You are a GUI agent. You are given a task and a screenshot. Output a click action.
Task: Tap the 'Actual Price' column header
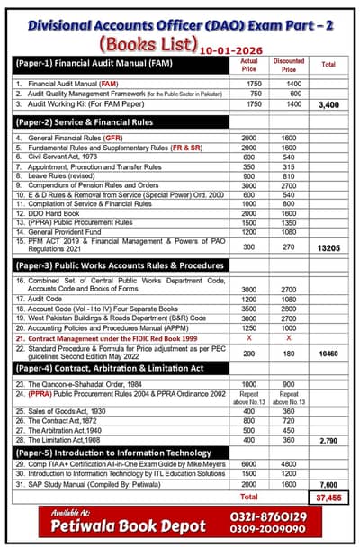pos(250,65)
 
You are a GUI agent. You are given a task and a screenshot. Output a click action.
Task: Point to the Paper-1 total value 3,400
pos(328,105)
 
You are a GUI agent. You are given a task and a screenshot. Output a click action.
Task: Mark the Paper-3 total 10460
pos(328,354)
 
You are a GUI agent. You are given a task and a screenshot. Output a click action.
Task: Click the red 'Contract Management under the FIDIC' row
pos(112,336)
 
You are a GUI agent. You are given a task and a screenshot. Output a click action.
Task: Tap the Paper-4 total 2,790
pos(328,442)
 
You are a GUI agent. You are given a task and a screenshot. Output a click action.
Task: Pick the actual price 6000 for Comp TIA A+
pos(250,463)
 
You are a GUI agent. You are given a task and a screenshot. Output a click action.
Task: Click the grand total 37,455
pos(328,497)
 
